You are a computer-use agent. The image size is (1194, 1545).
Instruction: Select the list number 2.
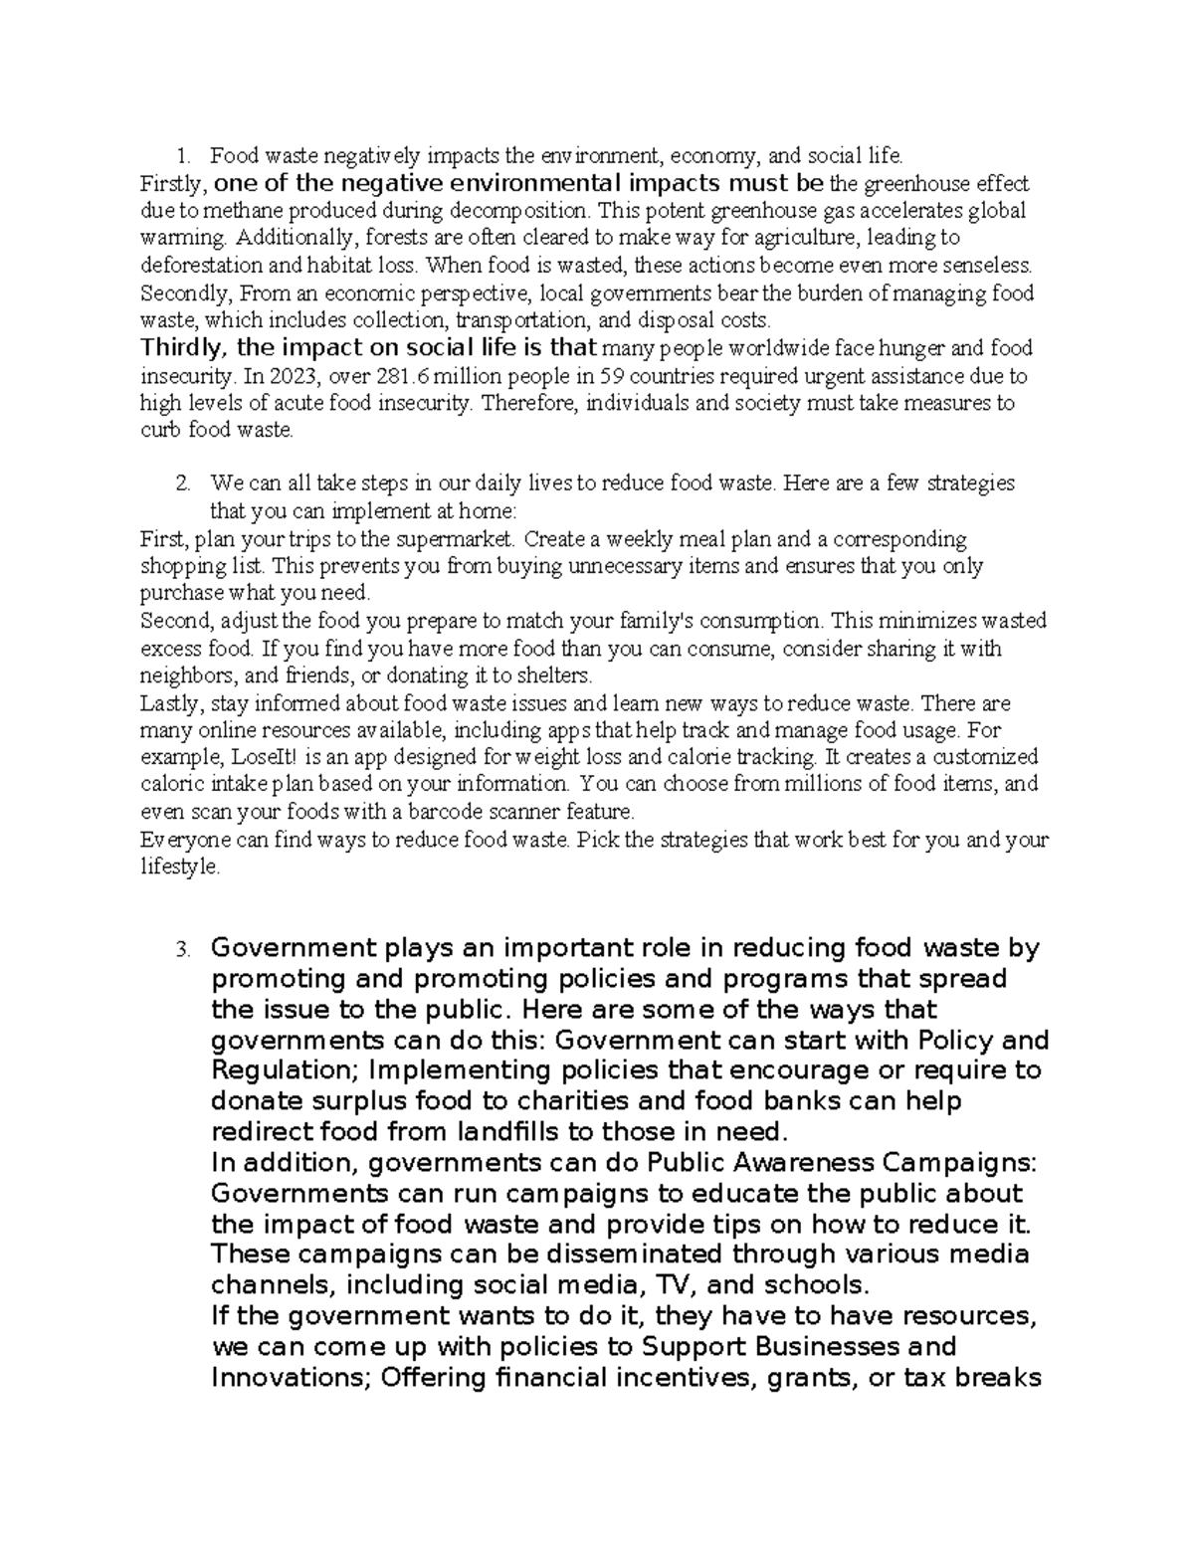181,483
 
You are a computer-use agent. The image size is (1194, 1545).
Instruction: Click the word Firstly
175,184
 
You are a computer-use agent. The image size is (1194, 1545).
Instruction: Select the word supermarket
454,539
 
